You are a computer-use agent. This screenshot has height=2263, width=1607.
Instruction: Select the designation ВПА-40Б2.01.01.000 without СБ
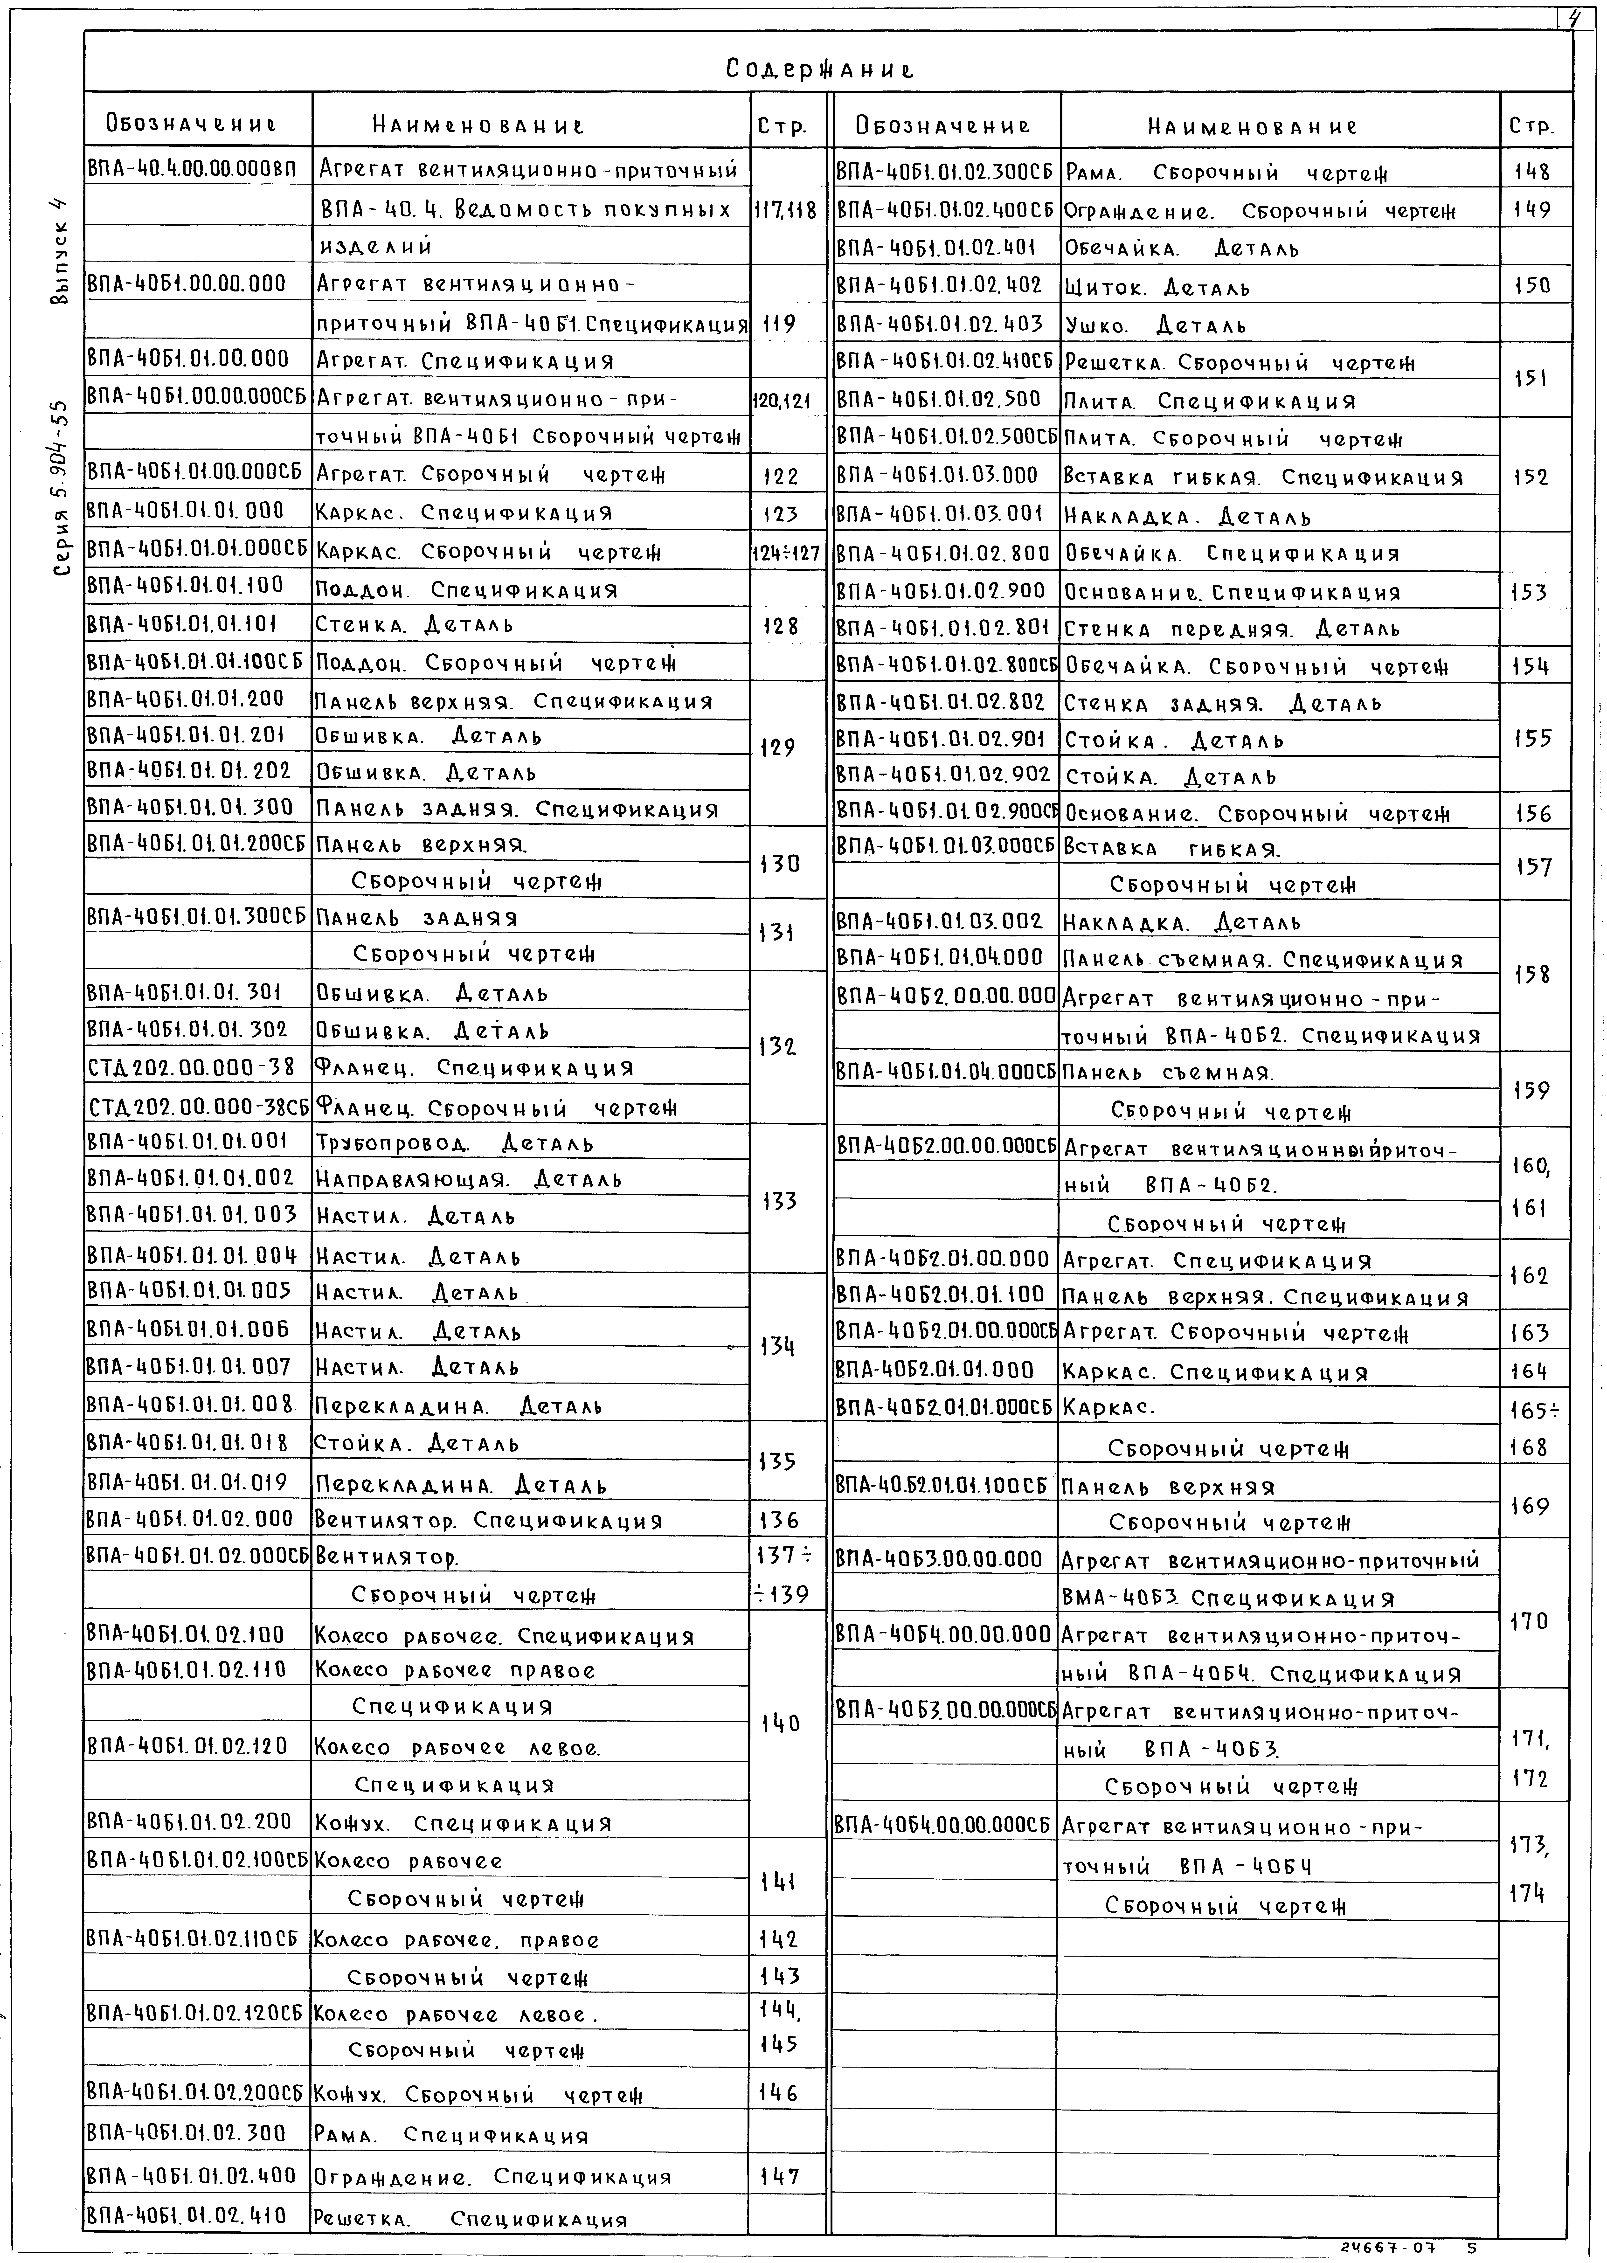coord(935,1370)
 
